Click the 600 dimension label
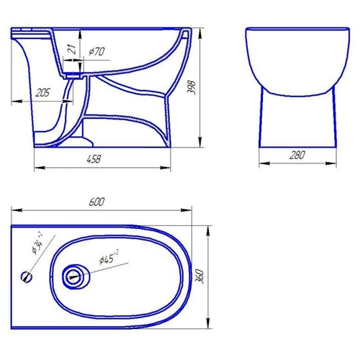(96, 202)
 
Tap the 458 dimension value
(94, 159)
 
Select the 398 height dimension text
(193, 88)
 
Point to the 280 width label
(297, 155)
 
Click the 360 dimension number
(200, 276)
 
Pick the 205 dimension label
(42, 92)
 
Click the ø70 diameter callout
(96, 51)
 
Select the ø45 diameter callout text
(109, 257)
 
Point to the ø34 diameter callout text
(37, 243)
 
